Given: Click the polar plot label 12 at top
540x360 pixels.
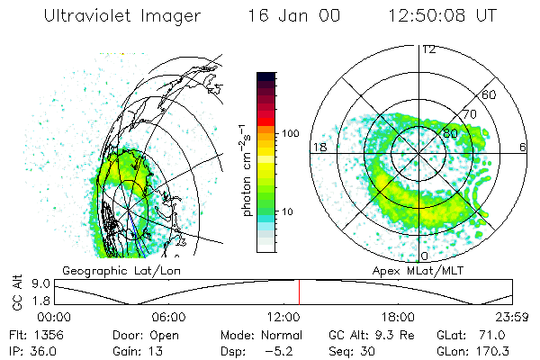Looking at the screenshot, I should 428,49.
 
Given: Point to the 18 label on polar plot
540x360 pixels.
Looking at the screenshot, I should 319,147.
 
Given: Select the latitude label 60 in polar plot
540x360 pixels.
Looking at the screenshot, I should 490,94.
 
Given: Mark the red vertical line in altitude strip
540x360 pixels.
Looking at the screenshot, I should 299,292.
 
